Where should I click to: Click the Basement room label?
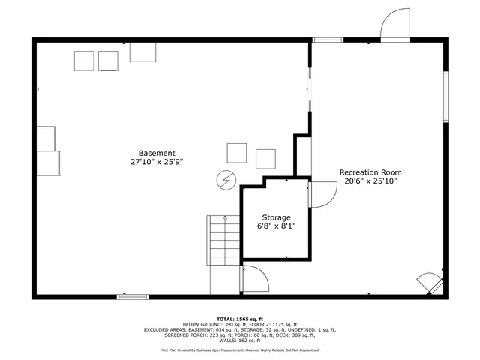pyautogui.click(x=157, y=152)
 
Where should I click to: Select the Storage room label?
pyautogui.click(x=276, y=217)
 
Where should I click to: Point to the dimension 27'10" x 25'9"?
pyautogui.click(x=157, y=161)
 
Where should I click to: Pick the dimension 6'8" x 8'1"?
pyautogui.click(x=276, y=226)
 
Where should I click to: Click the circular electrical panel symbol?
pyautogui.click(x=225, y=180)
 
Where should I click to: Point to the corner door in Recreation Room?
pyautogui.click(x=430, y=284)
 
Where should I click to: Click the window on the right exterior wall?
pyautogui.click(x=445, y=96)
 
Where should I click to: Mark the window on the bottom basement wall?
pyautogui.click(x=133, y=297)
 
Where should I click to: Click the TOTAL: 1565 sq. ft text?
pyautogui.click(x=240, y=319)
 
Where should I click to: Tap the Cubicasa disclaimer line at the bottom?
pyautogui.click(x=240, y=349)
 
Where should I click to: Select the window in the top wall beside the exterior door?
pyautogui.click(x=328, y=40)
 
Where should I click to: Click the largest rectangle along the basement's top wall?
pyautogui.click(x=142, y=52)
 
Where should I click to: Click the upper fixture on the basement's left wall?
pyautogui.click(x=46, y=138)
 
